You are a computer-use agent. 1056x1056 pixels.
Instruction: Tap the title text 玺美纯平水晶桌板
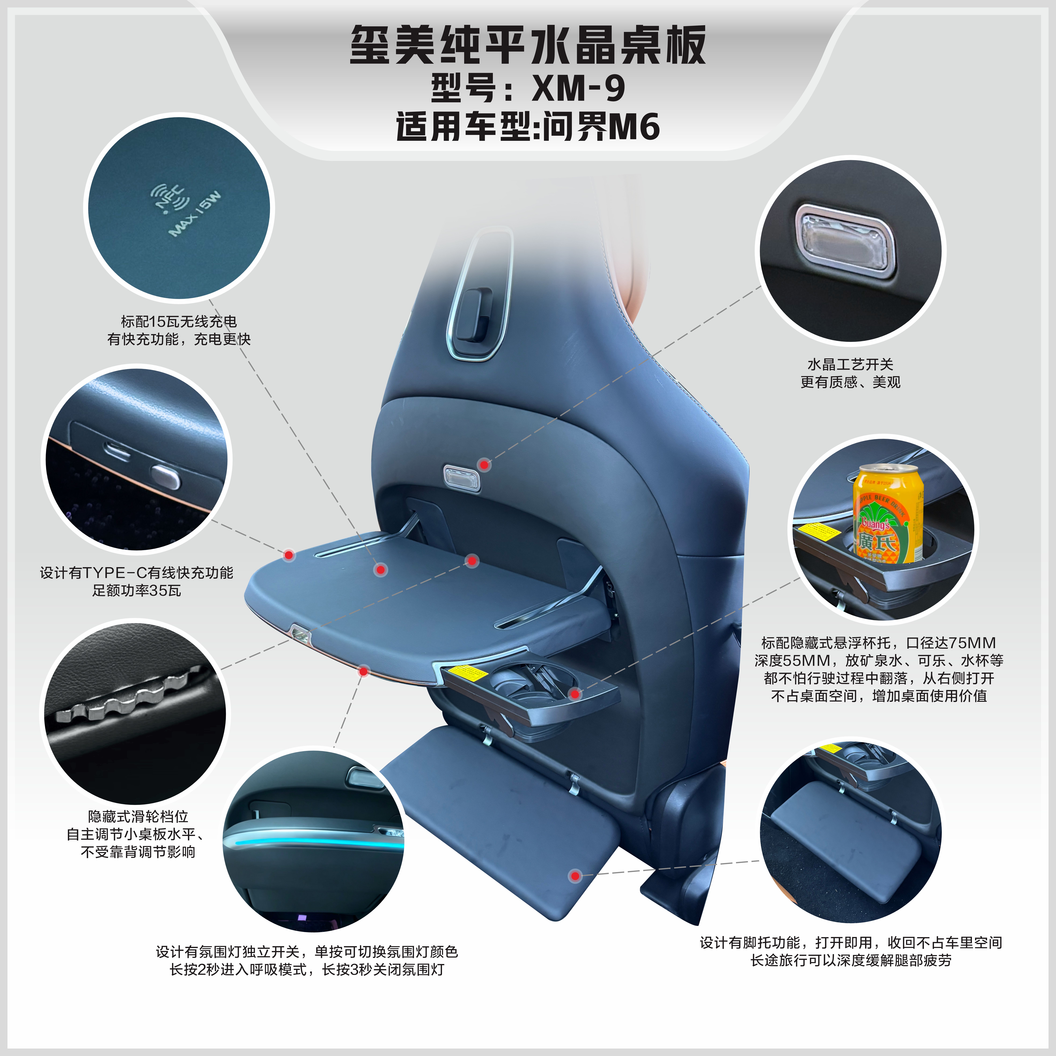point(528,45)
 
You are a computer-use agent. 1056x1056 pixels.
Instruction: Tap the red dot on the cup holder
point(574,694)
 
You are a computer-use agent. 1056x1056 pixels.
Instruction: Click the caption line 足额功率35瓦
point(137,590)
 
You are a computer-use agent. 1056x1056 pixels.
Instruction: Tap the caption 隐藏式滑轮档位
point(138,817)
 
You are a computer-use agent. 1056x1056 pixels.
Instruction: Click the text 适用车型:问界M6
point(528,127)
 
